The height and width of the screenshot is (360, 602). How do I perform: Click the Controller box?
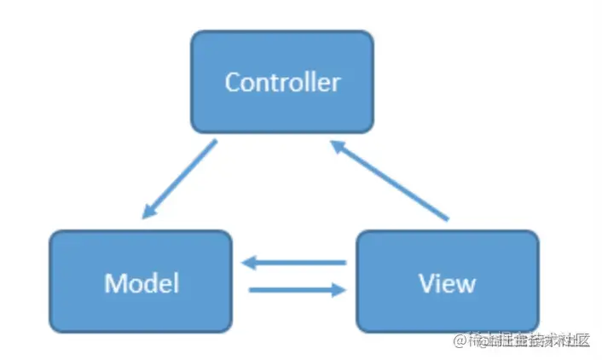point(281,82)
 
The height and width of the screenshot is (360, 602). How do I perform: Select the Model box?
point(141,281)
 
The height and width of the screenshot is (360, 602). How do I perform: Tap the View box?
point(447,281)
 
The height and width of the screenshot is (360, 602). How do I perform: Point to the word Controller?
point(281,82)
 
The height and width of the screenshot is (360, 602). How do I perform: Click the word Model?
point(142,282)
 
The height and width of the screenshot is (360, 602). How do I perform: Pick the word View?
point(447,282)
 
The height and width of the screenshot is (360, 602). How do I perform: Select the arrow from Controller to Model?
point(180,179)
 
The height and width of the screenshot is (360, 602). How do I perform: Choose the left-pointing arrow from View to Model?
point(293,264)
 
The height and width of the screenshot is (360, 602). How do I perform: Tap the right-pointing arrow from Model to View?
point(293,290)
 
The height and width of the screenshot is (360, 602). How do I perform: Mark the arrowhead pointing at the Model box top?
point(150,212)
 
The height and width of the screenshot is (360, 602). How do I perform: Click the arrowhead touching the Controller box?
point(338,148)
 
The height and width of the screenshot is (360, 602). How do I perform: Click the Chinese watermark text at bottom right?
point(529,340)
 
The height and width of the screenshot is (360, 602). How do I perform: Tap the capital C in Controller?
point(232,82)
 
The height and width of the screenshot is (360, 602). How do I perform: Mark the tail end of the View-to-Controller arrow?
point(447,220)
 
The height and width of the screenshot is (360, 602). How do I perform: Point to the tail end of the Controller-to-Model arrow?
point(214,143)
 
